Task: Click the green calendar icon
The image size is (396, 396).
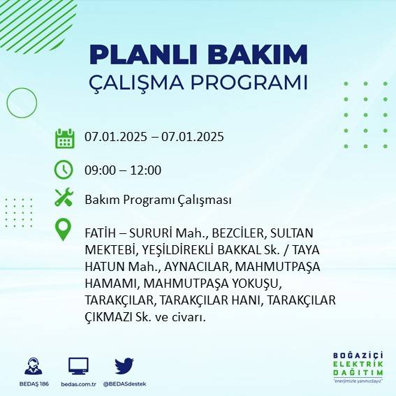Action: [x=64, y=138]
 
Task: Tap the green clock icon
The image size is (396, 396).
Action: [x=64, y=169]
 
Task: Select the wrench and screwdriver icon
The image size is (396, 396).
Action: [x=64, y=199]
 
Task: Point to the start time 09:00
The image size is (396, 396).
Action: [x=100, y=170]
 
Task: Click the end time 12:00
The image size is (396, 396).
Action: [x=147, y=170]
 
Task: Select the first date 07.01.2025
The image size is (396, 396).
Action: [x=115, y=137]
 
